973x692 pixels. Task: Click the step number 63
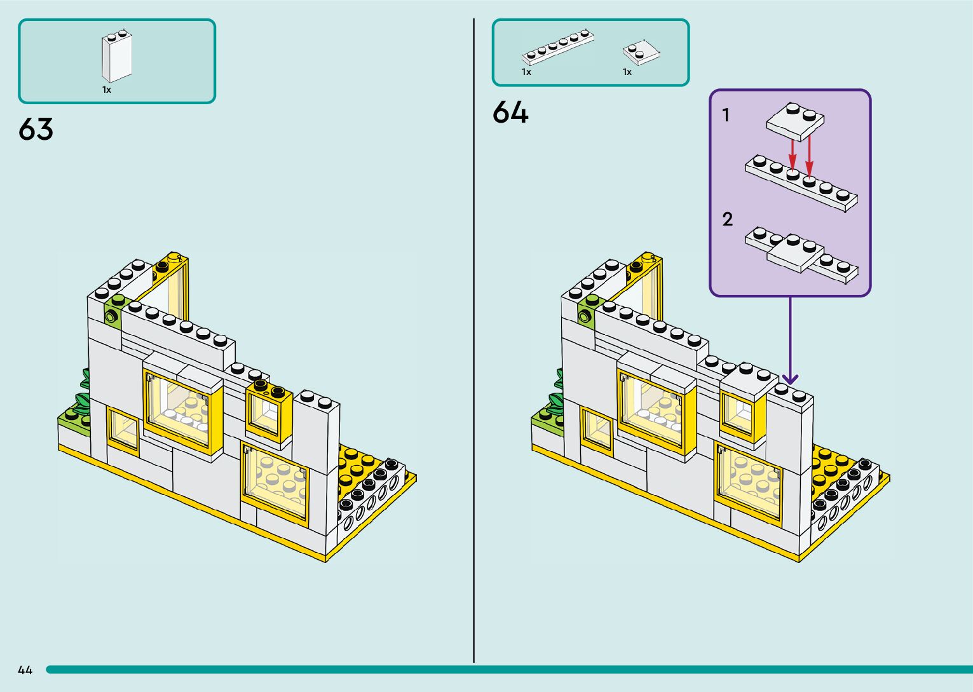36,129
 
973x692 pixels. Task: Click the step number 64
510,112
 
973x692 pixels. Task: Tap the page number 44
25,670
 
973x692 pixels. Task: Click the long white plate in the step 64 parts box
557,47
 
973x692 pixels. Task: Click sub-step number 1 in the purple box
726,115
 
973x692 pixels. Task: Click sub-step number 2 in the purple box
728,219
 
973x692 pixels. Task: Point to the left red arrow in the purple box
793,153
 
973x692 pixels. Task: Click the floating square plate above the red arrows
795,121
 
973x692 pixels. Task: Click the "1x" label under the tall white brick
107,90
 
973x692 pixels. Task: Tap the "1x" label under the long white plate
526,72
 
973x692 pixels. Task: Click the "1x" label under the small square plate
627,72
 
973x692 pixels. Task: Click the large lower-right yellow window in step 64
748,482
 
